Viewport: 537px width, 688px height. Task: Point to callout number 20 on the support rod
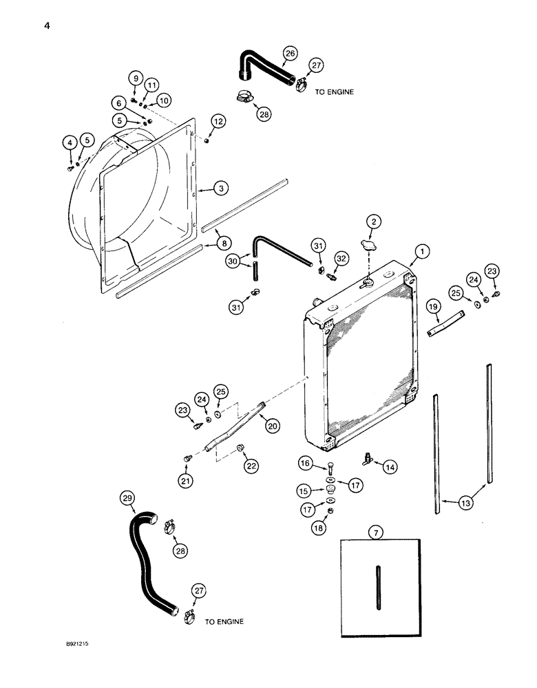pos(272,427)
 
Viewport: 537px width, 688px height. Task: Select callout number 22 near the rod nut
pos(249,466)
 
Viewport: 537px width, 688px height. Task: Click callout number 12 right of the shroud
pos(218,121)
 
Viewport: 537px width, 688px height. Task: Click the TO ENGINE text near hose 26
pos(335,91)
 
